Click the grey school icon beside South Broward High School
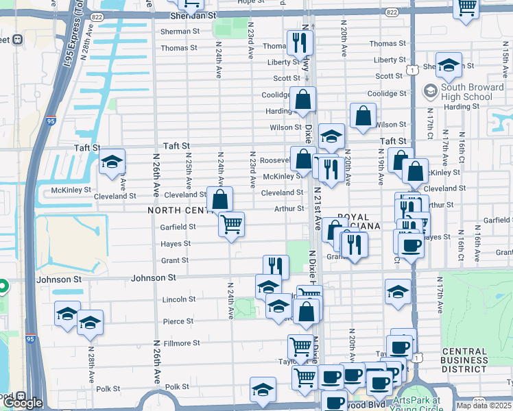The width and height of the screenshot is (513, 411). coord(430,90)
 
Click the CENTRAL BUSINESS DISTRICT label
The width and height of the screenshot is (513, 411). coord(464,360)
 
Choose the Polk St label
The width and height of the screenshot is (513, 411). coord(176,387)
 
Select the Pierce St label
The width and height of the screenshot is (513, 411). coord(178,321)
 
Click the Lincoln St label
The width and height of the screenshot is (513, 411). coord(179,299)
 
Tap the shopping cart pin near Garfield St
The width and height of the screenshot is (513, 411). coord(232,223)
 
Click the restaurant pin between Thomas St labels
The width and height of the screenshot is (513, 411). coord(300,42)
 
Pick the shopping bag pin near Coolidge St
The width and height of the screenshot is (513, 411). coord(302,100)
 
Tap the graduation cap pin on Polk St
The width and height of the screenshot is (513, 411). coord(263,390)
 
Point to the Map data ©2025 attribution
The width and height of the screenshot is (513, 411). coord(484,406)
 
